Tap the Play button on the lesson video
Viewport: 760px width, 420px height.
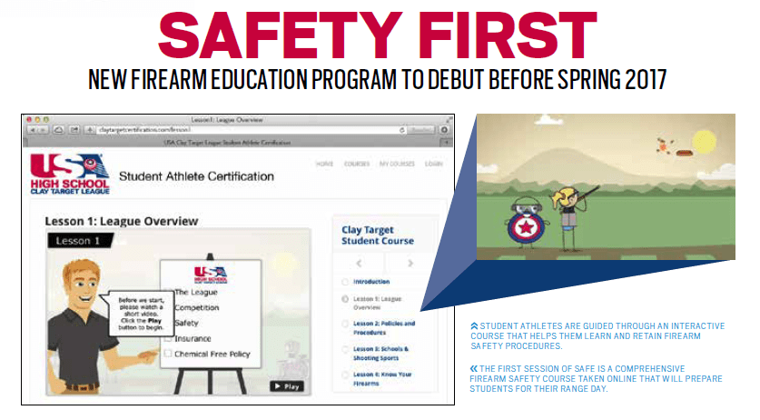(x=285, y=385)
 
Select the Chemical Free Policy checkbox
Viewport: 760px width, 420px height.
(x=168, y=354)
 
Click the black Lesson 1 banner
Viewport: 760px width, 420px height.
(x=81, y=240)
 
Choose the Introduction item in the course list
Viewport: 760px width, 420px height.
(x=371, y=282)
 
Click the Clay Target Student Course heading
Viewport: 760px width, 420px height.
(x=377, y=235)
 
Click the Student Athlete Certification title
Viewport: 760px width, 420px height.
(x=196, y=175)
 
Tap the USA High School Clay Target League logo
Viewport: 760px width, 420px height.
(x=69, y=173)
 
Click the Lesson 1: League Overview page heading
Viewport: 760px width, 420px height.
(x=121, y=220)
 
